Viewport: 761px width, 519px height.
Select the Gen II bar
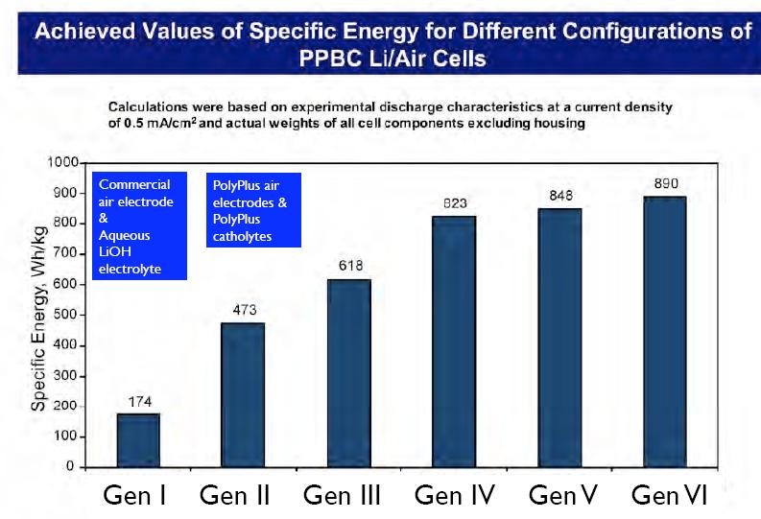pyautogui.click(x=244, y=394)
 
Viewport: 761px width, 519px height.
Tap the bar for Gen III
pyautogui.click(x=349, y=372)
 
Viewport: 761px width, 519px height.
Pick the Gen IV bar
pyautogui.click(x=455, y=341)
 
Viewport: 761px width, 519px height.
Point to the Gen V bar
pyautogui.click(x=560, y=337)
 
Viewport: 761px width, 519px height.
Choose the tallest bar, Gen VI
pyautogui.click(x=665, y=331)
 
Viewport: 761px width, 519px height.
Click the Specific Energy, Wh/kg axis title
pyautogui.click(x=39, y=315)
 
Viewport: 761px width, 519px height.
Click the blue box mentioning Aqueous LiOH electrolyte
pyautogui.click(x=140, y=226)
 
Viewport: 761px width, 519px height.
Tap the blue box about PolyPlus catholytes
pyautogui.click(x=253, y=210)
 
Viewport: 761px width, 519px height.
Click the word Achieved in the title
pyautogui.click(x=84, y=30)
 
